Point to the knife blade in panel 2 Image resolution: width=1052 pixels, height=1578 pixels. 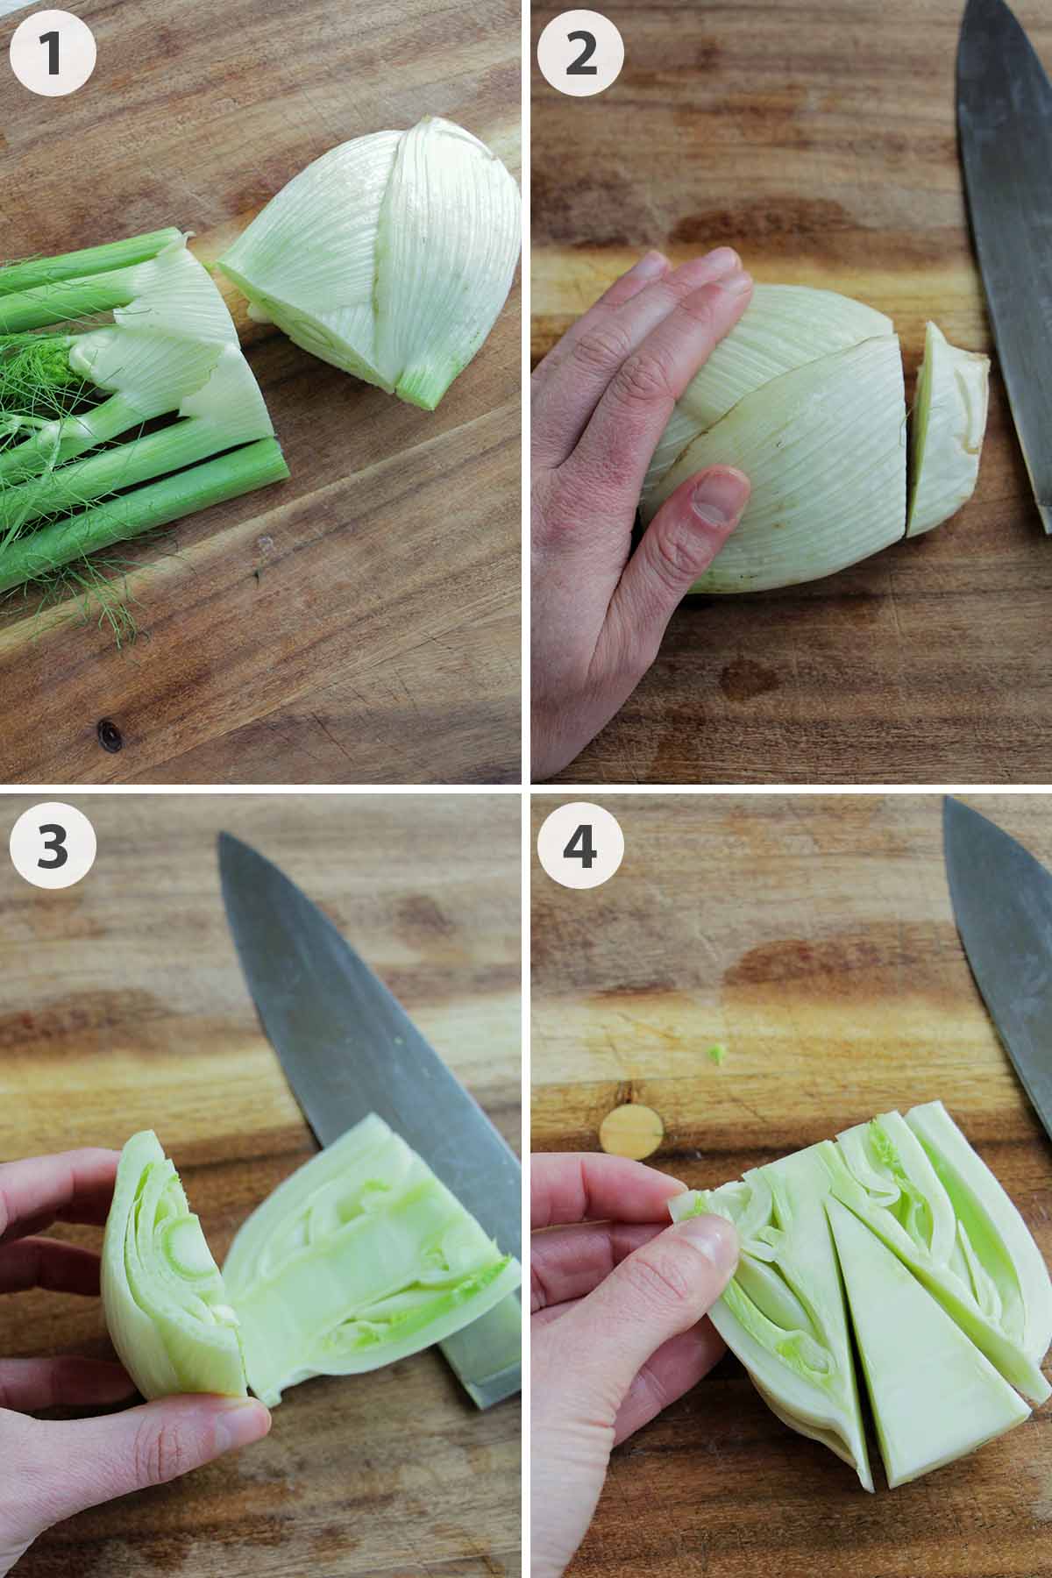pyautogui.click(x=1008, y=219)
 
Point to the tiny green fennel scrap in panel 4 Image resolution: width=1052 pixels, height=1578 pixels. pyautogui.click(x=719, y=1053)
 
